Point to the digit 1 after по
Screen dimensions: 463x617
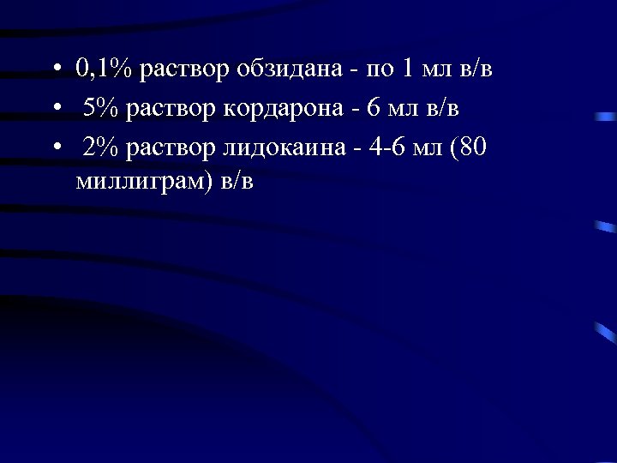[409, 69]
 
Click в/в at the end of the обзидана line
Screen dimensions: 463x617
[476, 69]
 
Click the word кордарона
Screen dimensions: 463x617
[288, 108]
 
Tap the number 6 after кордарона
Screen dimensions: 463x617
[373, 108]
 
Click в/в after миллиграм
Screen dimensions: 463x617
[237, 182]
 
